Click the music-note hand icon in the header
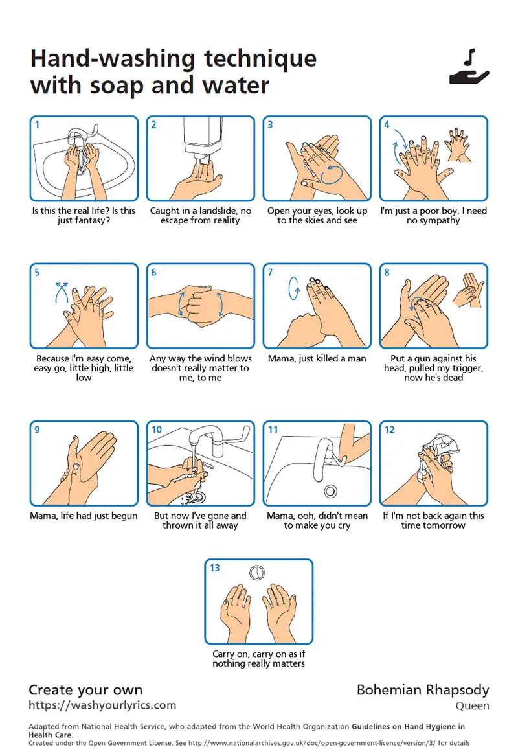click(469, 67)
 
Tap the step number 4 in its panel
click(387, 125)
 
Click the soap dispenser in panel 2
click(203, 137)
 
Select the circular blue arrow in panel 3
click(331, 174)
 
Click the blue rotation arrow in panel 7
click(293, 288)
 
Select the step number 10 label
click(157, 430)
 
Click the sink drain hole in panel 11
click(330, 491)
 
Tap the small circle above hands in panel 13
click(257, 572)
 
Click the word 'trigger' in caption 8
click(466, 369)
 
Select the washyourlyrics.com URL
click(102, 705)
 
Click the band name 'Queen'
click(472, 706)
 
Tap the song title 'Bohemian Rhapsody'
click(423, 691)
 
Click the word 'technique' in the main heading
click(260, 59)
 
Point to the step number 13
click(214, 568)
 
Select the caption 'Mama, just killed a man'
click(317, 359)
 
